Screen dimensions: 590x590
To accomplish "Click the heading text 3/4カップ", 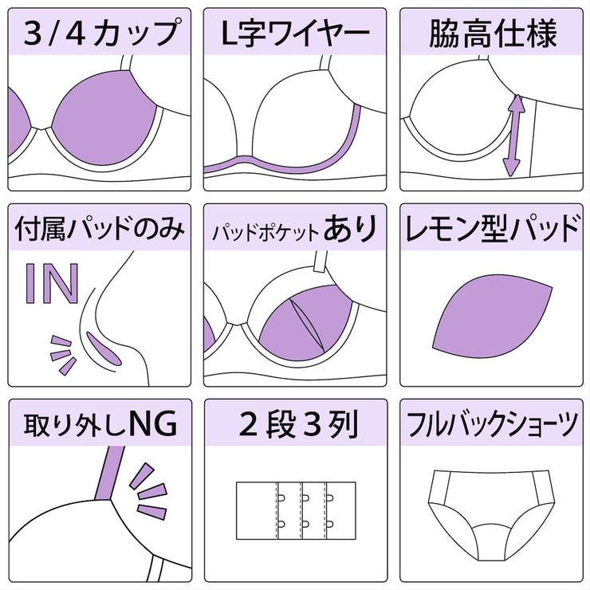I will click(100, 33).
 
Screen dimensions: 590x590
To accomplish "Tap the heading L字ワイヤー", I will click(295, 33).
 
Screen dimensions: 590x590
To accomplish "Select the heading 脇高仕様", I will click(492, 33).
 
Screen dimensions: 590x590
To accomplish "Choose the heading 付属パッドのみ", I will click(100, 230).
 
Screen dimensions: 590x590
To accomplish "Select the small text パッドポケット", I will click(265, 233).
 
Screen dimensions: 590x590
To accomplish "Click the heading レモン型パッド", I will click(492, 230).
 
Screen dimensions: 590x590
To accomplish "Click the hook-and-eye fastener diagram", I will click(295, 509).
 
